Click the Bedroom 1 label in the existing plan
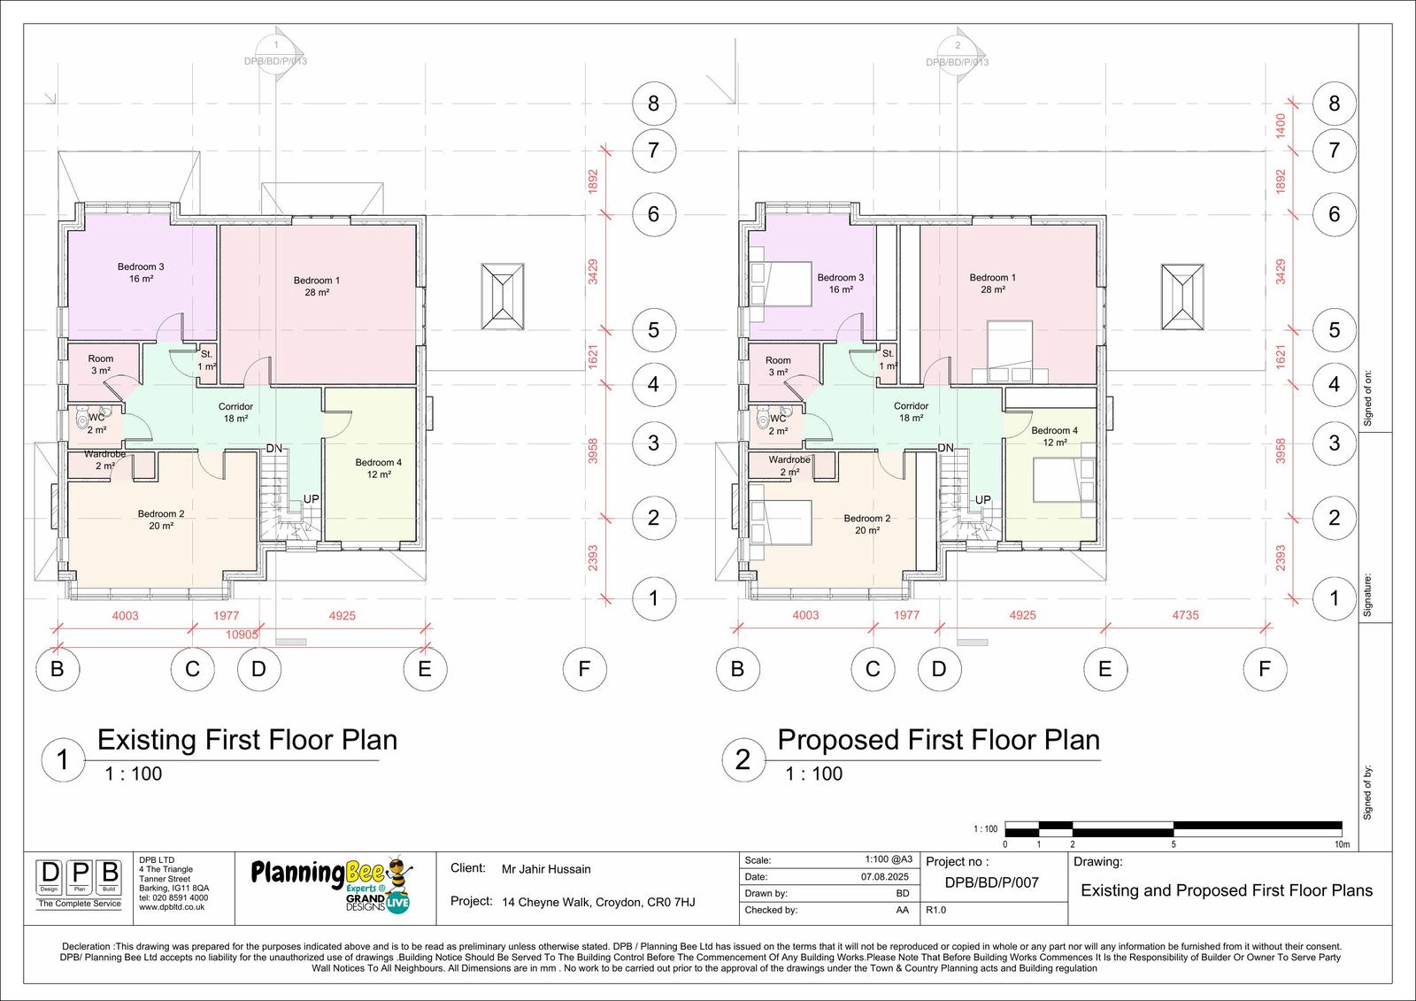tap(317, 286)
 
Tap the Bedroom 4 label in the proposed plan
tap(1054, 436)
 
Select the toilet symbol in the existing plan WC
tap(82, 417)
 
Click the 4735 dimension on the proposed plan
tap(1185, 614)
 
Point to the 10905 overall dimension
tap(242, 635)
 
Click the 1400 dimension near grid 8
tap(1281, 126)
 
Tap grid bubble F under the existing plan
tap(584, 668)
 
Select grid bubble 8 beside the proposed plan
tap(1334, 103)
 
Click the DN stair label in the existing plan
tap(273, 449)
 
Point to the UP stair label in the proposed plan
tap(982, 499)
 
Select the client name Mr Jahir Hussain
tap(546, 869)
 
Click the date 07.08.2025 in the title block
tap(884, 877)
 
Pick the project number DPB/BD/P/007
tap(992, 882)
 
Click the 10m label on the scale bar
tap(1342, 844)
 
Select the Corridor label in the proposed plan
tap(911, 412)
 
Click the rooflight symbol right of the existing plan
tap(503, 296)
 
